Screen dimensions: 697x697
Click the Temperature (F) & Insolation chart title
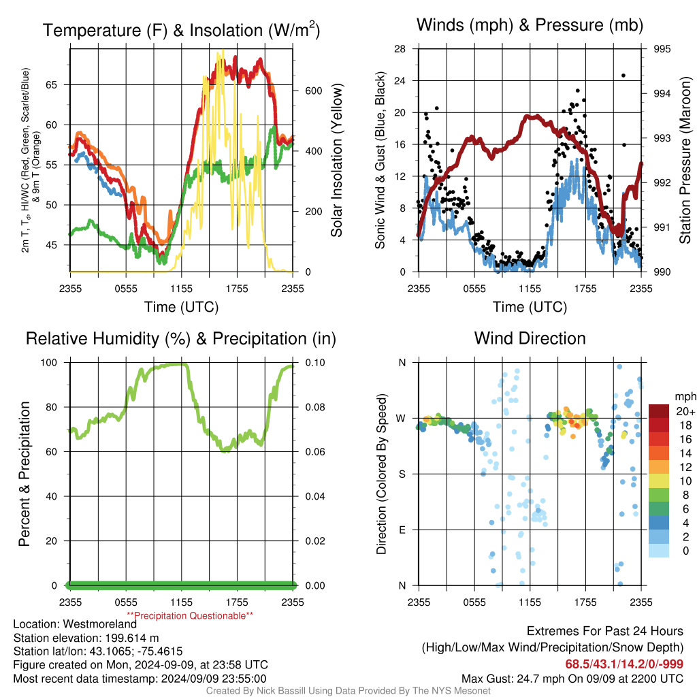tap(181, 30)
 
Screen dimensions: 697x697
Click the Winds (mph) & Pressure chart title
tap(530, 25)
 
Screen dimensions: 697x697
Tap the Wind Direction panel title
tap(530, 338)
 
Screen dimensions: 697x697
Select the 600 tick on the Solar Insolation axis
tap(313, 91)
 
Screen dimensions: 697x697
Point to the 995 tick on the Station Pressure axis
tap(662, 49)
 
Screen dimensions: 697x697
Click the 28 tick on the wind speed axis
tap(400, 49)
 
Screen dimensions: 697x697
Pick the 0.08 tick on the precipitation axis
tap(315, 407)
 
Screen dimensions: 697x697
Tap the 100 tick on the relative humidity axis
tap(49, 363)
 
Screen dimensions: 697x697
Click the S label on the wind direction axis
tap(402, 474)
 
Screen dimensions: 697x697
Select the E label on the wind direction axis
tap(402, 530)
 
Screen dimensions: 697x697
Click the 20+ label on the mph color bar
tap(685, 411)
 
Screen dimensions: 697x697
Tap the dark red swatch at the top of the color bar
tap(659, 411)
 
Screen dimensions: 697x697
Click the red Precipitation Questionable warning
tap(190, 615)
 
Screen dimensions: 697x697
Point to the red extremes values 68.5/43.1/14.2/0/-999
tap(624, 664)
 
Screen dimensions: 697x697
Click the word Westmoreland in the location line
tap(99, 624)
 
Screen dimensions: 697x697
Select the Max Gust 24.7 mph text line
tap(572, 679)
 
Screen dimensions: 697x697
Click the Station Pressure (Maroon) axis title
tap(685, 160)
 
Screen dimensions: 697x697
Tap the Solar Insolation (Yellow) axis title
tap(336, 160)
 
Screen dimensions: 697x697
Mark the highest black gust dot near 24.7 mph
tap(623, 76)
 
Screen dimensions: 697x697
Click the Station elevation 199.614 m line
tap(86, 638)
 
